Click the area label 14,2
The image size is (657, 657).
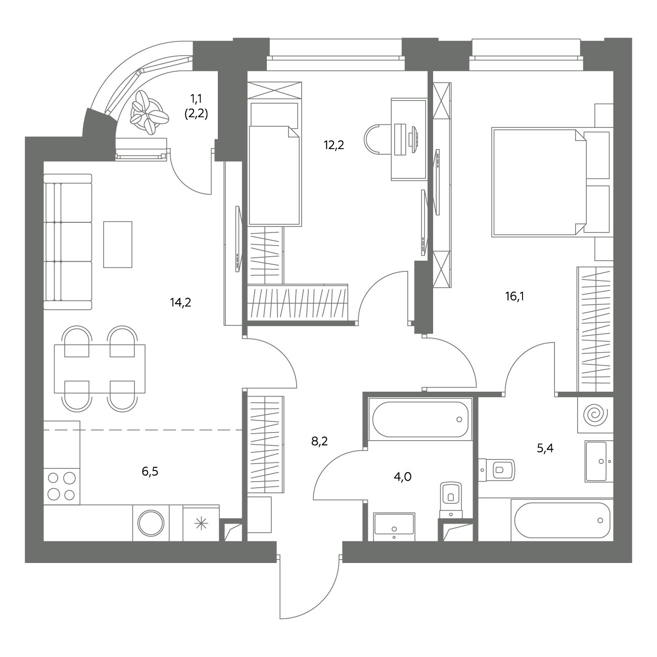(x=181, y=302)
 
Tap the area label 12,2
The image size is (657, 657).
(x=334, y=145)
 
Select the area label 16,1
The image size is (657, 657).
(x=515, y=296)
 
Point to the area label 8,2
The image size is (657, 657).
(x=319, y=442)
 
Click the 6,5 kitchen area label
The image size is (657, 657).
(x=150, y=472)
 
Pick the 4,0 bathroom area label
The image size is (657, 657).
(x=403, y=477)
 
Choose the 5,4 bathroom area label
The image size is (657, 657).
(x=545, y=448)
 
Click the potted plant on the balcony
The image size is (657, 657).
(x=149, y=112)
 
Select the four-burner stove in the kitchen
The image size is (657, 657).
(x=62, y=486)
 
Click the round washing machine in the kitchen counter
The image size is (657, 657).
(x=151, y=523)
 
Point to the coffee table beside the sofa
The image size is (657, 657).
(x=118, y=245)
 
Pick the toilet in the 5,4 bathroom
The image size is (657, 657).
(x=496, y=470)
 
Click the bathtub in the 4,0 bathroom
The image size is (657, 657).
(x=420, y=419)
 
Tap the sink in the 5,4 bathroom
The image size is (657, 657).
(x=599, y=461)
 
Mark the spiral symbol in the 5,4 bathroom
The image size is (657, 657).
(x=595, y=415)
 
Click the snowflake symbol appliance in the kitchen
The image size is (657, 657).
(x=201, y=524)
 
